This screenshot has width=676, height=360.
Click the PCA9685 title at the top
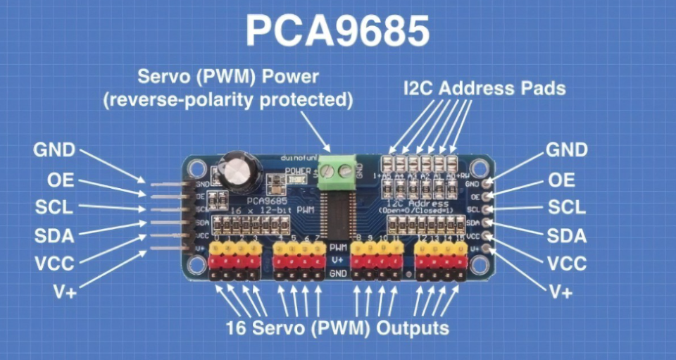click(x=337, y=32)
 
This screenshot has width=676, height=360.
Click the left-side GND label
click(x=54, y=150)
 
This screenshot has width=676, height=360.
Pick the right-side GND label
click(x=567, y=150)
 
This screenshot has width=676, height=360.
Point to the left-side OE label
click(x=61, y=180)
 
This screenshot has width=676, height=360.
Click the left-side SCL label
click(x=54, y=208)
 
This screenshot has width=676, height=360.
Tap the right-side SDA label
click(x=567, y=235)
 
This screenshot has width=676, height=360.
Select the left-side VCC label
click(x=54, y=263)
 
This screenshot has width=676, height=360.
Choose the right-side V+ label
click(x=561, y=291)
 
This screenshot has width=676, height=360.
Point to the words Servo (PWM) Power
click(x=228, y=76)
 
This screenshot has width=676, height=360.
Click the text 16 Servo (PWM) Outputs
click(x=337, y=328)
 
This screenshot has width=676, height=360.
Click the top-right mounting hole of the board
click(x=480, y=168)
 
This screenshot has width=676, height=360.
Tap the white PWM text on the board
click(x=338, y=248)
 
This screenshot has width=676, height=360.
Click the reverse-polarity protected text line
click(x=228, y=100)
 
